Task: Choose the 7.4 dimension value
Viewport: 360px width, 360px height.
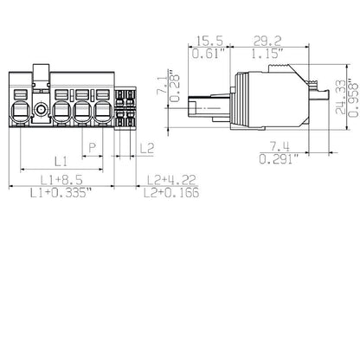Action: click(x=279, y=146)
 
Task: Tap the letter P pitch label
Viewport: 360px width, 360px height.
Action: click(x=93, y=148)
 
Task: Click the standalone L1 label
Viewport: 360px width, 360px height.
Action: click(x=60, y=161)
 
